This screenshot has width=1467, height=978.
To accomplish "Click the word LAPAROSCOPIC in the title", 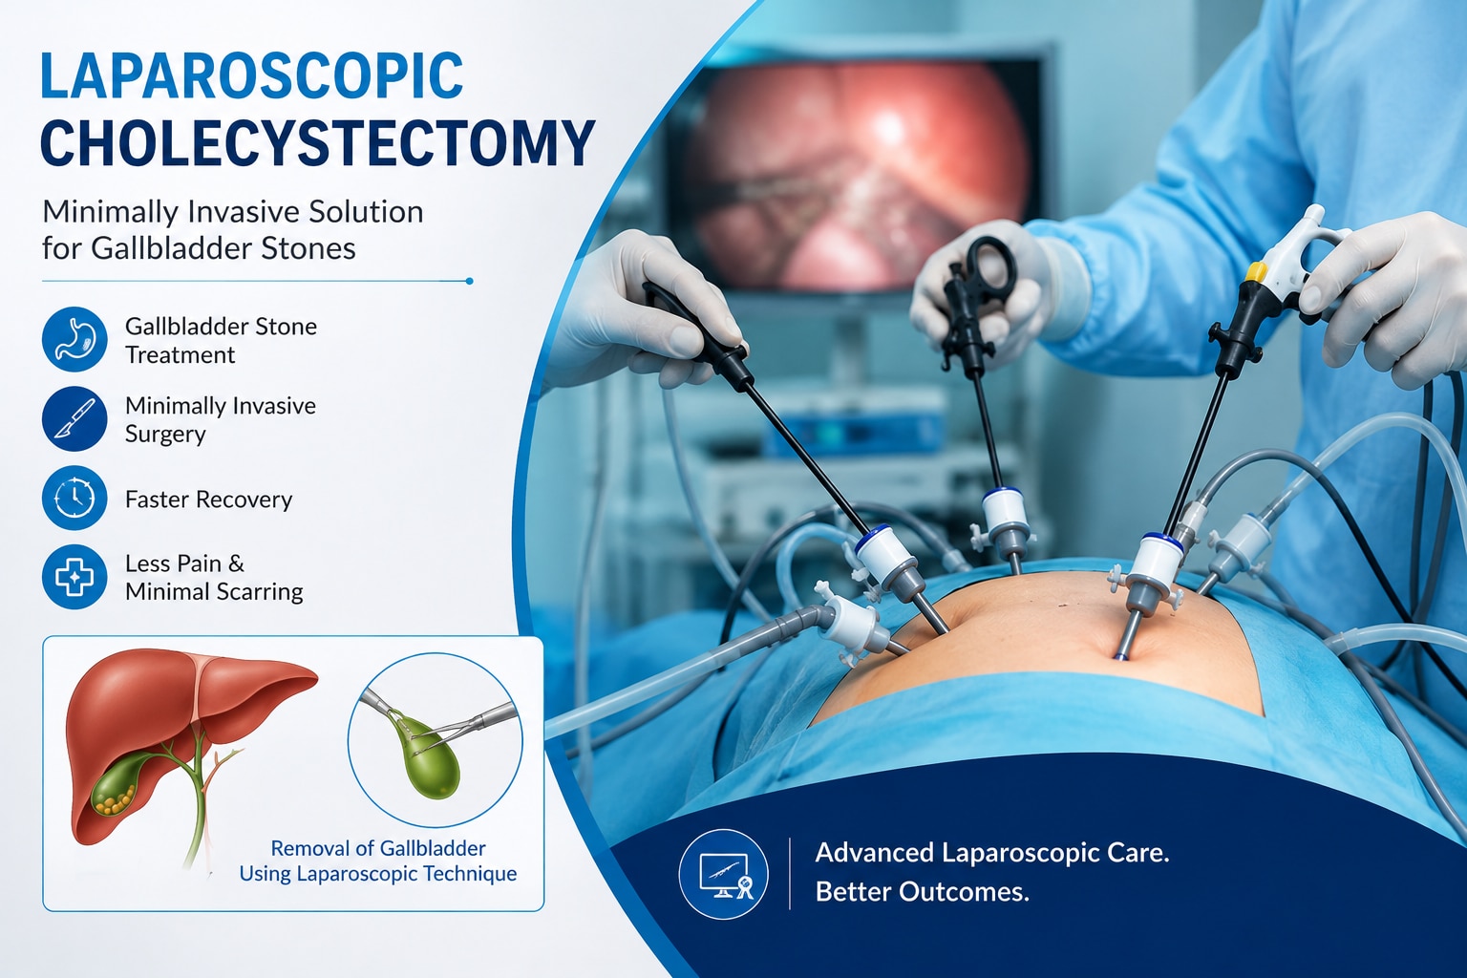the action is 252,75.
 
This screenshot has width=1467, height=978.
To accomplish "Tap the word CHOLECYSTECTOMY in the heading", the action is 318,143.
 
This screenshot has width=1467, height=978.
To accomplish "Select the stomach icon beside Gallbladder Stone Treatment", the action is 74,339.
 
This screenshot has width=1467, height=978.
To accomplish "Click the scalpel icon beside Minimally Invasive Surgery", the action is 74,418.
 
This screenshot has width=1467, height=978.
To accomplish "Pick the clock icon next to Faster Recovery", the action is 74,498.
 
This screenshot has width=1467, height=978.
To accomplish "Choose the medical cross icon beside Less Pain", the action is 74,577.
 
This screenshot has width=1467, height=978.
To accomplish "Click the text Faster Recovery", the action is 209,500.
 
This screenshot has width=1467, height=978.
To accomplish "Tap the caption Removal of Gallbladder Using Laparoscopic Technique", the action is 378,861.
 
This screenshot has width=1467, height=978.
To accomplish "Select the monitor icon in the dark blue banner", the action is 724,874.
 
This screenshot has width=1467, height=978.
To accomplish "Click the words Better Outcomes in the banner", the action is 922,892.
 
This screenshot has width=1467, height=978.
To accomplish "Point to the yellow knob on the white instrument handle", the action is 1255,271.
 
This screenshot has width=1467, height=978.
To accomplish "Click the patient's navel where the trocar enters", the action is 1121,655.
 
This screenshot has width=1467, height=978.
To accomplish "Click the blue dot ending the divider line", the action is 469,281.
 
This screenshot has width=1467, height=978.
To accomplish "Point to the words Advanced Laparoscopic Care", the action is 992,853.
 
